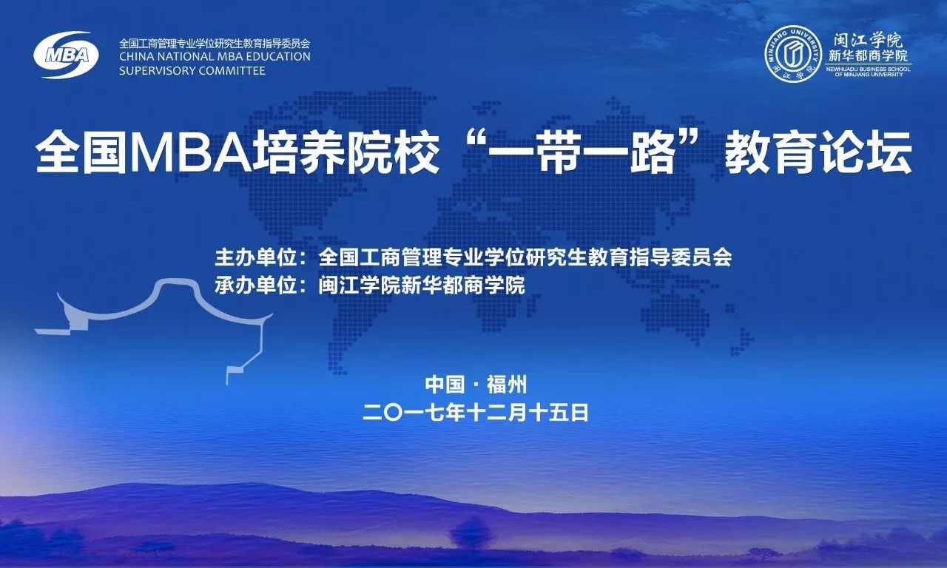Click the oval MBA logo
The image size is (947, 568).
coord(66,55)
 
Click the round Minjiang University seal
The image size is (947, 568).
coord(793,54)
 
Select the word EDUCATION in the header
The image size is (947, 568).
coord(273,57)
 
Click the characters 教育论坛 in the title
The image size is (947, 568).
coord(818,152)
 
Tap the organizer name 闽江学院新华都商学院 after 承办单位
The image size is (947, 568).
coord(422,285)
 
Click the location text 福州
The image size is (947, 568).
coord(507,385)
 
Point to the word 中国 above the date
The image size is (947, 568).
coord(445,385)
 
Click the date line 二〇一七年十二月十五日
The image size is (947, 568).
coord(476,413)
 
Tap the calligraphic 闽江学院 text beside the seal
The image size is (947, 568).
coord(868,41)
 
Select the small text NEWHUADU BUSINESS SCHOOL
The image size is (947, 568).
coord(869,69)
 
